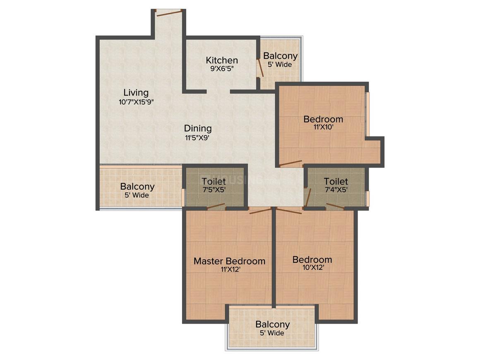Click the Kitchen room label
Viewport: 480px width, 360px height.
tap(222, 60)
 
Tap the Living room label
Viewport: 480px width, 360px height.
tap(136, 93)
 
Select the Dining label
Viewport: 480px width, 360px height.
tap(198, 128)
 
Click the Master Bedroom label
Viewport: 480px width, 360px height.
tap(230, 261)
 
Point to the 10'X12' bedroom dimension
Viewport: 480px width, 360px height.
tap(312, 268)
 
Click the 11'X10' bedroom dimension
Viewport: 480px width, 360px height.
tap(323, 127)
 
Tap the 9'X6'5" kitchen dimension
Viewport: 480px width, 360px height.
tap(222, 69)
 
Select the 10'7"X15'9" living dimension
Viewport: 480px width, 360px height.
tap(136, 102)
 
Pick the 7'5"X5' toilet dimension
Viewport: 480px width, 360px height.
tap(214, 190)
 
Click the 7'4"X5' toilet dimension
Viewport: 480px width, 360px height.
tap(336, 190)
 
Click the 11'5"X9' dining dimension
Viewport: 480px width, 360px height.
tap(197, 138)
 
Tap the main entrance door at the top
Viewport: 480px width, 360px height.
tap(168, 12)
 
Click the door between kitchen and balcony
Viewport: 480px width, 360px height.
tap(260, 67)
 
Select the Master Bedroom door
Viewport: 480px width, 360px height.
tap(260, 211)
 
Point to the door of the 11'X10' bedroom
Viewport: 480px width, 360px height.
tap(291, 163)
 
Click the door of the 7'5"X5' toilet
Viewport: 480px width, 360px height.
tap(216, 206)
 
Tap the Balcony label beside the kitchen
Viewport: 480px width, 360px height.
tap(280, 56)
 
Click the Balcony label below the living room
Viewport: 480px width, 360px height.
tap(137, 187)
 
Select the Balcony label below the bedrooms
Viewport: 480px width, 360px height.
tap(272, 324)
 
